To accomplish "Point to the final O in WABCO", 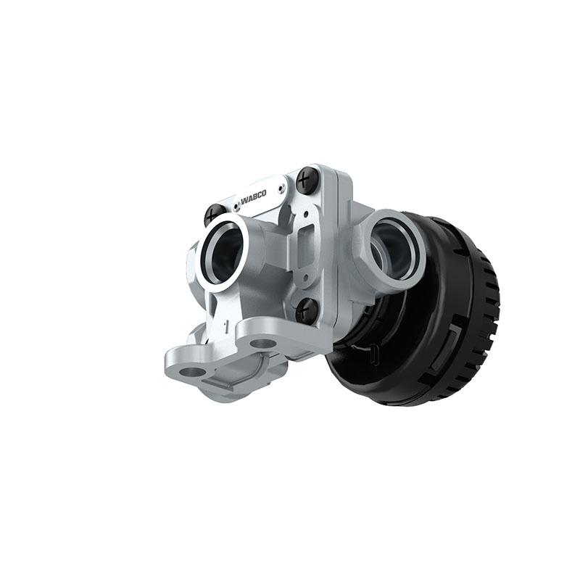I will [263, 192].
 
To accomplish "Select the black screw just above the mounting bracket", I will [307, 310].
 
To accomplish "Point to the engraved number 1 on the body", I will [227, 324].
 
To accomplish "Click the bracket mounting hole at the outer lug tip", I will [192, 371].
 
